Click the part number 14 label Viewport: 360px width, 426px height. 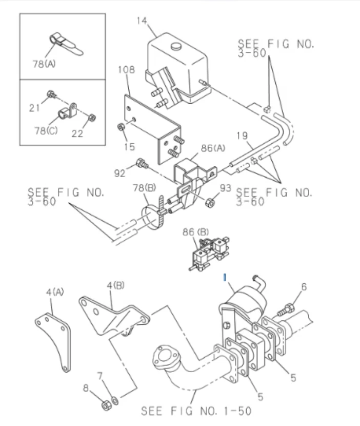click(x=142, y=21)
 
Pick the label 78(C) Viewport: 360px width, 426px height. click(x=46, y=131)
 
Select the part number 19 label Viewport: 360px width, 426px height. click(x=242, y=135)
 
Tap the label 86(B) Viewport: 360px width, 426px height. click(x=195, y=233)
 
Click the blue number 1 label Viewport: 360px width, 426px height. click(x=224, y=278)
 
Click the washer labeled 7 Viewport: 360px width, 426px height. click(x=114, y=399)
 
